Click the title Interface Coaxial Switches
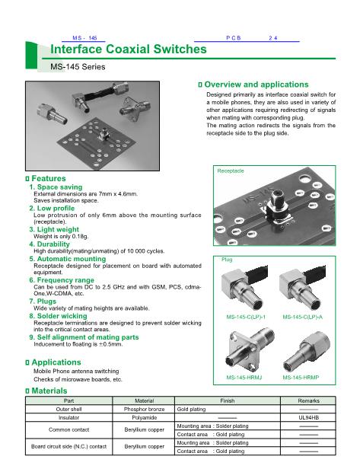(129, 49)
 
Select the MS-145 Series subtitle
(78, 67)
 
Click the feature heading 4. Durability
(49, 244)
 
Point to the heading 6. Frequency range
(62, 280)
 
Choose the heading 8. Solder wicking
(58, 316)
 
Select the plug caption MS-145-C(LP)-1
(246, 317)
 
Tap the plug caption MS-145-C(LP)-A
(303, 317)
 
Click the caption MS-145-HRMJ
(244, 378)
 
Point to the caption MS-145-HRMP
(301, 378)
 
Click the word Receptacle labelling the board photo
(231, 171)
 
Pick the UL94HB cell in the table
(308, 417)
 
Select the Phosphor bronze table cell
(144, 409)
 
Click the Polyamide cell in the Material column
(144, 417)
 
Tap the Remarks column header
(308, 400)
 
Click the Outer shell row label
(68, 409)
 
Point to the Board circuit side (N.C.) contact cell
(68, 447)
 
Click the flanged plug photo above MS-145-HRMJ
(250, 349)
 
